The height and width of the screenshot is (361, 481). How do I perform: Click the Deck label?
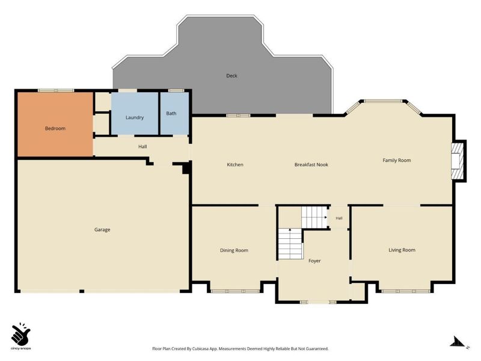point(231,76)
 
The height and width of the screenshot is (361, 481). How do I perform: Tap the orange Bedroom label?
point(55,128)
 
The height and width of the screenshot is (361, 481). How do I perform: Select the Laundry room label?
point(135,117)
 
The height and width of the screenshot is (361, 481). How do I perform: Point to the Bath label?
point(171,113)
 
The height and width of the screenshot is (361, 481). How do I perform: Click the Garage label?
point(102,230)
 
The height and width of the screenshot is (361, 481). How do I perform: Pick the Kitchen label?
point(235,164)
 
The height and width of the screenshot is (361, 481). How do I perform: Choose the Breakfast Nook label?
point(311,164)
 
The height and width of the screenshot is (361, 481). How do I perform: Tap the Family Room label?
point(397,160)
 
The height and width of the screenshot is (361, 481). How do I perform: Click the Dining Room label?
point(234,250)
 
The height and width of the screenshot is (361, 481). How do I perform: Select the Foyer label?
point(314,261)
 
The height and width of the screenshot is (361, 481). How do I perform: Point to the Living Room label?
point(402,250)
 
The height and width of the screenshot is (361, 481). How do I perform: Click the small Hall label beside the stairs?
point(339,218)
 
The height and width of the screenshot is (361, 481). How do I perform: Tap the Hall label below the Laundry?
point(142,147)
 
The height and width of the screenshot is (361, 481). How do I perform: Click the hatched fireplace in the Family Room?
point(456,161)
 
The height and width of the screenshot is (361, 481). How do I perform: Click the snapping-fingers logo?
point(21,334)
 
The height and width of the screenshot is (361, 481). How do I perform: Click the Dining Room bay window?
point(235,291)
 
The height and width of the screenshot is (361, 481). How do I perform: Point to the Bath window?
point(176,91)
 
